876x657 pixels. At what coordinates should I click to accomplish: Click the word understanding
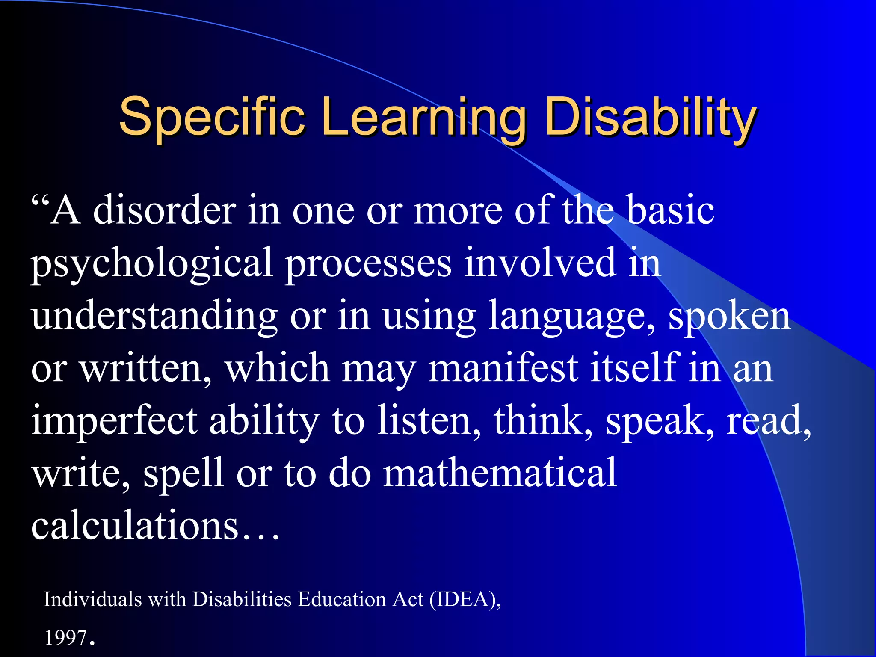point(154,317)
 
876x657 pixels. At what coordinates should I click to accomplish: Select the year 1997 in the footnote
point(66,638)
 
